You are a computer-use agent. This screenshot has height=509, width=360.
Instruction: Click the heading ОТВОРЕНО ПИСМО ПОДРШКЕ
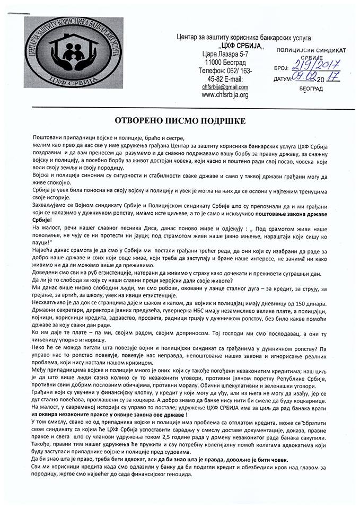(180, 120)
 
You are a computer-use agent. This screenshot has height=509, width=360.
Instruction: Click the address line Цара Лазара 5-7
(225, 54)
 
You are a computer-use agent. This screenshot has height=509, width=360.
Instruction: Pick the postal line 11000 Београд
(225, 62)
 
